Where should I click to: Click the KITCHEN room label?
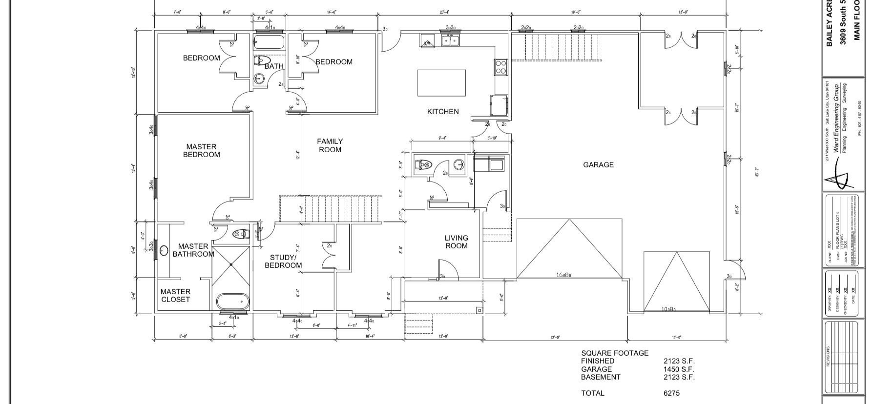[x=443, y=112]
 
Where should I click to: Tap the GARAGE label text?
[x=598, y=165]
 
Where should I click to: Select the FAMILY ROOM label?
[x=330, y=145]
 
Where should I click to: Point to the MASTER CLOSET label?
[x=175, y=296]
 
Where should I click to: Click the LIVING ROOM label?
[x=456, y=242]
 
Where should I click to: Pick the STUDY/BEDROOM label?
[x=283, y=262]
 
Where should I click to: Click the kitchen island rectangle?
[x=441, y=83]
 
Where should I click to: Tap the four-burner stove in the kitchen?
[x=501, y=66]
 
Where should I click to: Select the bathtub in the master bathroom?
[x=232, y=302]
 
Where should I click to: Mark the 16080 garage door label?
[x=563, y=275]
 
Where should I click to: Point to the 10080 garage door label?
[x=668, y=309]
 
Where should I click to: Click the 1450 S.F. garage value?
[x=678, y=369]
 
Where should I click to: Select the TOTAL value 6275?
[x=671, y=393]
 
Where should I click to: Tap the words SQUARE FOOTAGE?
[x=615, y=353]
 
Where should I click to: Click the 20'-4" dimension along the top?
[x=444, y=12]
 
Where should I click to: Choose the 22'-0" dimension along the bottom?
[x=555, y=337]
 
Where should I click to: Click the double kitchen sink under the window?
[x=450, y=40]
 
